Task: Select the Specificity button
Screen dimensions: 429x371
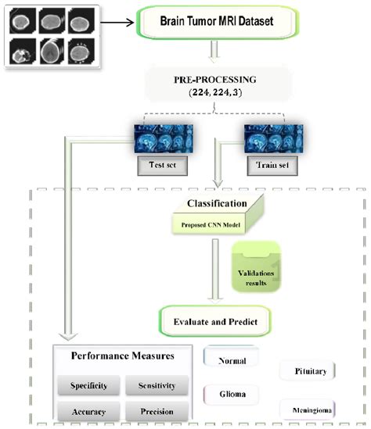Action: pyautogui.click(x=88, y=385)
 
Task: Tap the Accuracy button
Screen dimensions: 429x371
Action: pyautogui.click(x=88, y=411)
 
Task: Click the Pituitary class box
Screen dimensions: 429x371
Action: pyautogui.click(x=308, y=370)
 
